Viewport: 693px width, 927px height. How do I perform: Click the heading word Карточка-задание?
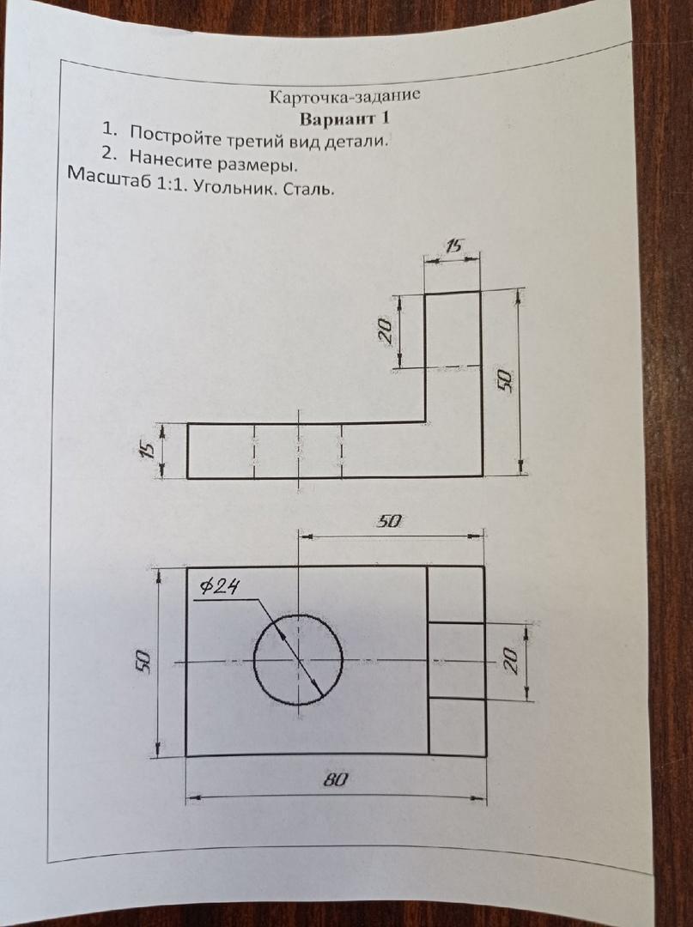point(344,96)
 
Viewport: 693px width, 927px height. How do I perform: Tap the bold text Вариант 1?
point(344,118)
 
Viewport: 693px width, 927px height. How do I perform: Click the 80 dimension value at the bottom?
point(335,779)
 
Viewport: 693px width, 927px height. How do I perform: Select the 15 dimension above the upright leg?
point(454,246)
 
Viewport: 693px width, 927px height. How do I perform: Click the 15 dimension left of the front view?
point(149,451)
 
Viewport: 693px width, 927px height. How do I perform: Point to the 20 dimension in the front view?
point(386,331)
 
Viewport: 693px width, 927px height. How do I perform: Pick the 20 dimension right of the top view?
point(511,660)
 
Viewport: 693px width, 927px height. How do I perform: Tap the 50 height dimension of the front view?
point(504,380)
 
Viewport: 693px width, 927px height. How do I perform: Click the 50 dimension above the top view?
point(389,522)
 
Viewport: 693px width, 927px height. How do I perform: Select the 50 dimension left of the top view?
point(141,660)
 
